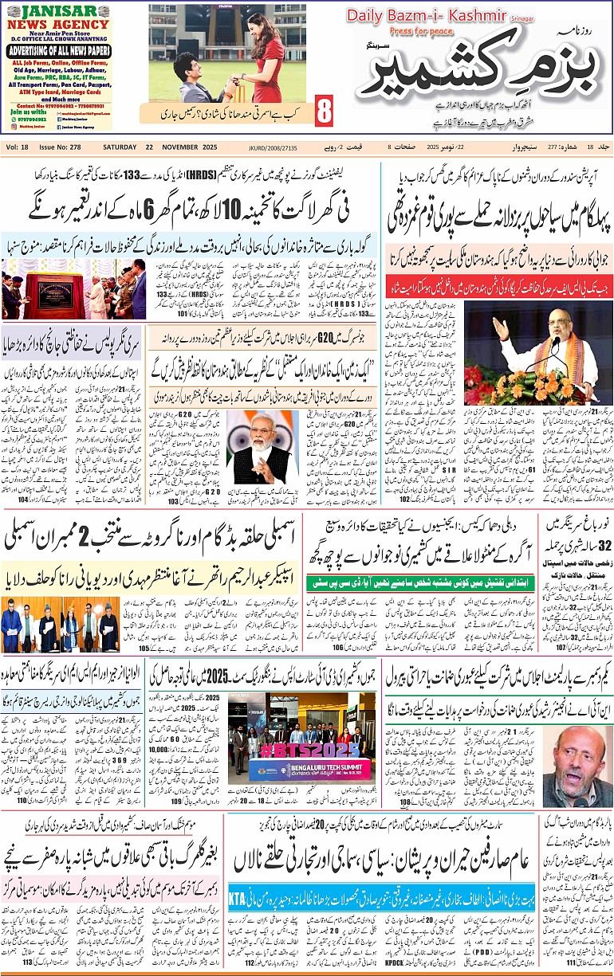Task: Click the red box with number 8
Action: (324, 111)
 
